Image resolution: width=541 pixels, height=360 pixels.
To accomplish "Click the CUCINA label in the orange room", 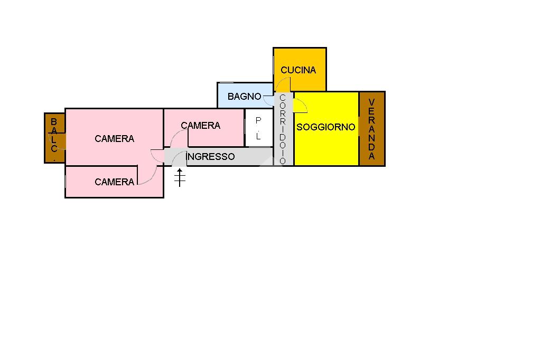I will pos(298,70).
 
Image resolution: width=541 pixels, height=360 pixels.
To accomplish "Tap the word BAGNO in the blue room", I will pos(244,97).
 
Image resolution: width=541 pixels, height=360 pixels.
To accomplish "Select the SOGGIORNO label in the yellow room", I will pos(325,127).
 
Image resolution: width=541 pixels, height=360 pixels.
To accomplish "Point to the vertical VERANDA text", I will pos(372,129).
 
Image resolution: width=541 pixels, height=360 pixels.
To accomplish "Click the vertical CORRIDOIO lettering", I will pos(283,129).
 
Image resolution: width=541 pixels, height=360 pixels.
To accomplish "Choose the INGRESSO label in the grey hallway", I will pos(211,157).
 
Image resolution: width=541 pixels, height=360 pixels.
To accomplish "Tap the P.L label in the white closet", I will pos(258,128).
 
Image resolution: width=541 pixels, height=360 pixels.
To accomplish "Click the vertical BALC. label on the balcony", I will pos(54,136).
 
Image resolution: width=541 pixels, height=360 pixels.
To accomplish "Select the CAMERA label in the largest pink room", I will pos(114,139).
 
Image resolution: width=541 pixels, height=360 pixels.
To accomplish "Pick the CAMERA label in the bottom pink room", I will pos(114,182).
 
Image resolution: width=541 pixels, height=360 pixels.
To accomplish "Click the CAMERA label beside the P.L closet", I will pos(200,126).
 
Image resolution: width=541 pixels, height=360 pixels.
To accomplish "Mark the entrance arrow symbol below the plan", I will pos(180,178).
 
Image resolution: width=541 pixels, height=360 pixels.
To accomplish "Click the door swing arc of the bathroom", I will pos(269,98).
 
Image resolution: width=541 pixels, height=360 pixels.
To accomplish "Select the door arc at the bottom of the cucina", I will pos(283,84).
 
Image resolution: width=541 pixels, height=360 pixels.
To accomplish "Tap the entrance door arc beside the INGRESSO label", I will pos(180,157).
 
